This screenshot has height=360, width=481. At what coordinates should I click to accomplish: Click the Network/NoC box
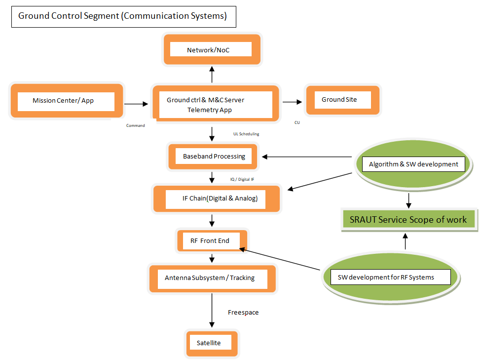[x=212, y=50]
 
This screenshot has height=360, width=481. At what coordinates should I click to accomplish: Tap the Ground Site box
[x=342, y=100]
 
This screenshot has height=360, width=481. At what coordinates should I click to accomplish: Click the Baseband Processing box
[x=214, y=157]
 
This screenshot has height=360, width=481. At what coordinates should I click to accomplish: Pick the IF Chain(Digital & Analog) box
[x=217, y=199]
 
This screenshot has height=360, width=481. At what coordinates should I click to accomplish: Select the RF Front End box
[x=212, y=241]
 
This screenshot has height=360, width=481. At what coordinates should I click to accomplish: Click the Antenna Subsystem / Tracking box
[x=212, y=278]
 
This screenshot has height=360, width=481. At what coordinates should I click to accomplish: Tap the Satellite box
[x=212, y=343]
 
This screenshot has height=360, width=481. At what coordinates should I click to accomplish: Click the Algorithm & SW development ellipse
[x=413, y=164]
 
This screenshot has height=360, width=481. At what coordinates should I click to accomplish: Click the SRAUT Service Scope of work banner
[x=408, y=220]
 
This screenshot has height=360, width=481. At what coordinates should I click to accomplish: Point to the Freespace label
[x=243, y=313]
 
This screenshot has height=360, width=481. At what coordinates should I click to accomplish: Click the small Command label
[x=136, y=125]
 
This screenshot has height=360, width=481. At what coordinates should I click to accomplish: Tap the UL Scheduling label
[x=246, y=134]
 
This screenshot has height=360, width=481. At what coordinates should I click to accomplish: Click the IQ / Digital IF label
[x=242, y=179]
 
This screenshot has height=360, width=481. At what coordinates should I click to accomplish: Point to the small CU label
[x=297, y=122]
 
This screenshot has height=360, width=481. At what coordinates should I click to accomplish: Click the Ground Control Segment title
[x=123, y=16]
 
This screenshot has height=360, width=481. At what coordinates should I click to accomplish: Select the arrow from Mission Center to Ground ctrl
[x=136, y=104]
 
